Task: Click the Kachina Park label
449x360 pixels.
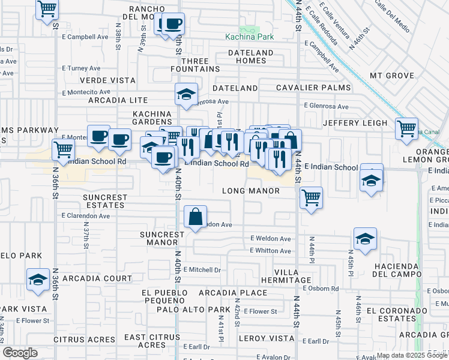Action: click(x=249, y=37)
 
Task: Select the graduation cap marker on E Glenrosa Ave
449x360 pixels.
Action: click(x=186, y=94)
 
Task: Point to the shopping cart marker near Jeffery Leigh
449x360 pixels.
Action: click(x=406, y=128)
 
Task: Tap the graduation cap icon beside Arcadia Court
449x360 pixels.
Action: click(x=38, y=280)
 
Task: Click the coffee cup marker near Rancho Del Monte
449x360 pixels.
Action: click(x=173, y=24)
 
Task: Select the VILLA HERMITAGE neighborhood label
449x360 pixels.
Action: click(x=294, y=277)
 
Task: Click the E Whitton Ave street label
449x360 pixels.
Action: click(x=270, y=250)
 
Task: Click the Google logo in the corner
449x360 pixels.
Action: click(x=20, y=353)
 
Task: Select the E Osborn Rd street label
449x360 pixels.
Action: click(x=321, y=289)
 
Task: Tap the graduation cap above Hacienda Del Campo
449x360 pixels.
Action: click(x=365, y=239)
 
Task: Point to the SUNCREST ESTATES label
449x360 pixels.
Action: click(x=105, y=201)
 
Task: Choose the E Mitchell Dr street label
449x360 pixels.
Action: click(x=202, y=269)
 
